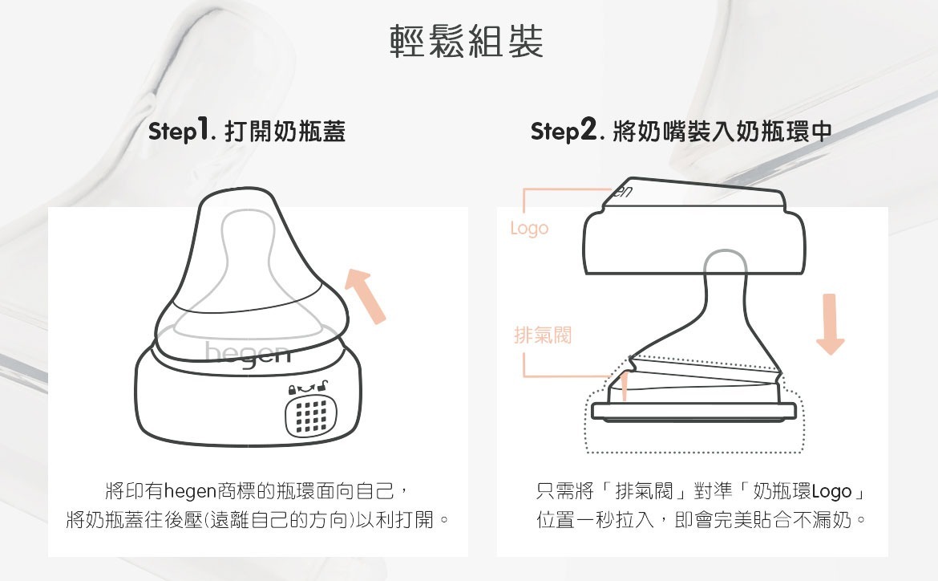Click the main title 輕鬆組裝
[467, 42]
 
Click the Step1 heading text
[247, 131]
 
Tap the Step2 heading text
[681, 131]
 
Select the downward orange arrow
[830, 324]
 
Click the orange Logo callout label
[529, 228]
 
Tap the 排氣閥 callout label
[543, 335]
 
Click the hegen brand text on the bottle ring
[248, 354]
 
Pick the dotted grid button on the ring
[310, 415]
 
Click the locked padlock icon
[292, 389]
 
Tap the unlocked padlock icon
[322, 385]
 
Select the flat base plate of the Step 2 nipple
[694, 412]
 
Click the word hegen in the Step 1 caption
[190, 492]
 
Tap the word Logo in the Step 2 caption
[831, 492]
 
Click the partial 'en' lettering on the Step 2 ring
[622, 192]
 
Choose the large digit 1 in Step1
[204, 128]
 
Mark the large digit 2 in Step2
[588, 128]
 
